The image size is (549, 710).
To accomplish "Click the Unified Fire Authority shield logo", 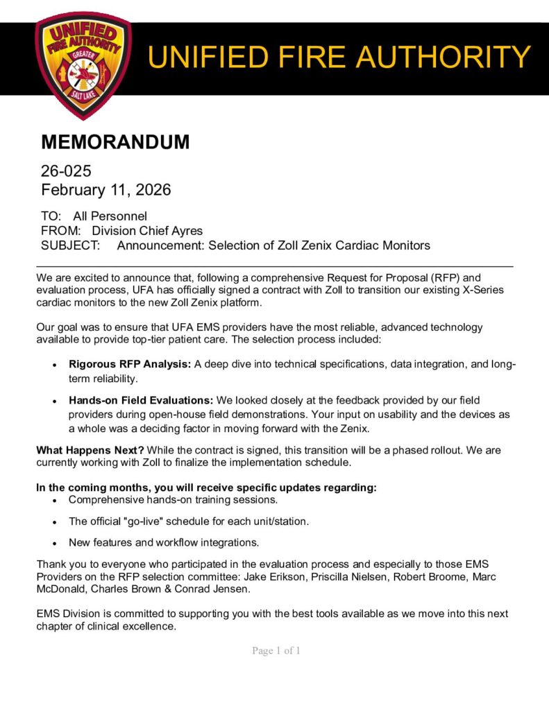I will [82, 64].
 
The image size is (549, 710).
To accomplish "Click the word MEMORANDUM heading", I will [115, 142].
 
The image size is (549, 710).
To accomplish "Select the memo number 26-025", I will [66, 171].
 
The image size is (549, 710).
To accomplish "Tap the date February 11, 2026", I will [105, 189].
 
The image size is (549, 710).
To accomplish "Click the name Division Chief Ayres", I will [147, 231].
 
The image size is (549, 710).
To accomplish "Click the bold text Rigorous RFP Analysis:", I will [129, 365].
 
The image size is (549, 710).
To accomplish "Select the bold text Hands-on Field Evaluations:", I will [141, 401].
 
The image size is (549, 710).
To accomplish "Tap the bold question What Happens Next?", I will [90, 451].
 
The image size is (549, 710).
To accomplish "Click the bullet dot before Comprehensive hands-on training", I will [55, 500].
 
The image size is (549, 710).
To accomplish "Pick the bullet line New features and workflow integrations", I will [164, 542].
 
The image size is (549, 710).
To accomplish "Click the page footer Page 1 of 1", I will [276, 651].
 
